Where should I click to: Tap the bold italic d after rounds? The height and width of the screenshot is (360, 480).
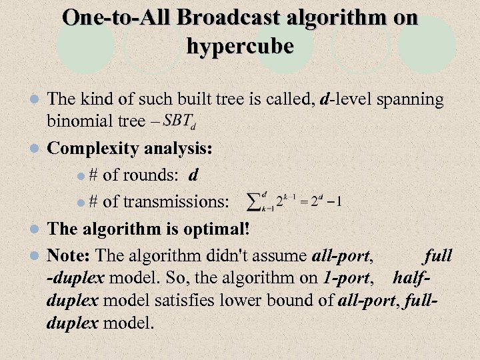point(193,175)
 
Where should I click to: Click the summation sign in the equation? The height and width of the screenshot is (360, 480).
point(255,200)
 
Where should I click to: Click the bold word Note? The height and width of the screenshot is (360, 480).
point(71,255)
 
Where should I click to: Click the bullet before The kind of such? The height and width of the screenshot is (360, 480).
point(37,100)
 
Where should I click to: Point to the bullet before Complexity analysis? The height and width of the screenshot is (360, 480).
point(37,149)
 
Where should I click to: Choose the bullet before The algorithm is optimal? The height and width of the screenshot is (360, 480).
point(37,229)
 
